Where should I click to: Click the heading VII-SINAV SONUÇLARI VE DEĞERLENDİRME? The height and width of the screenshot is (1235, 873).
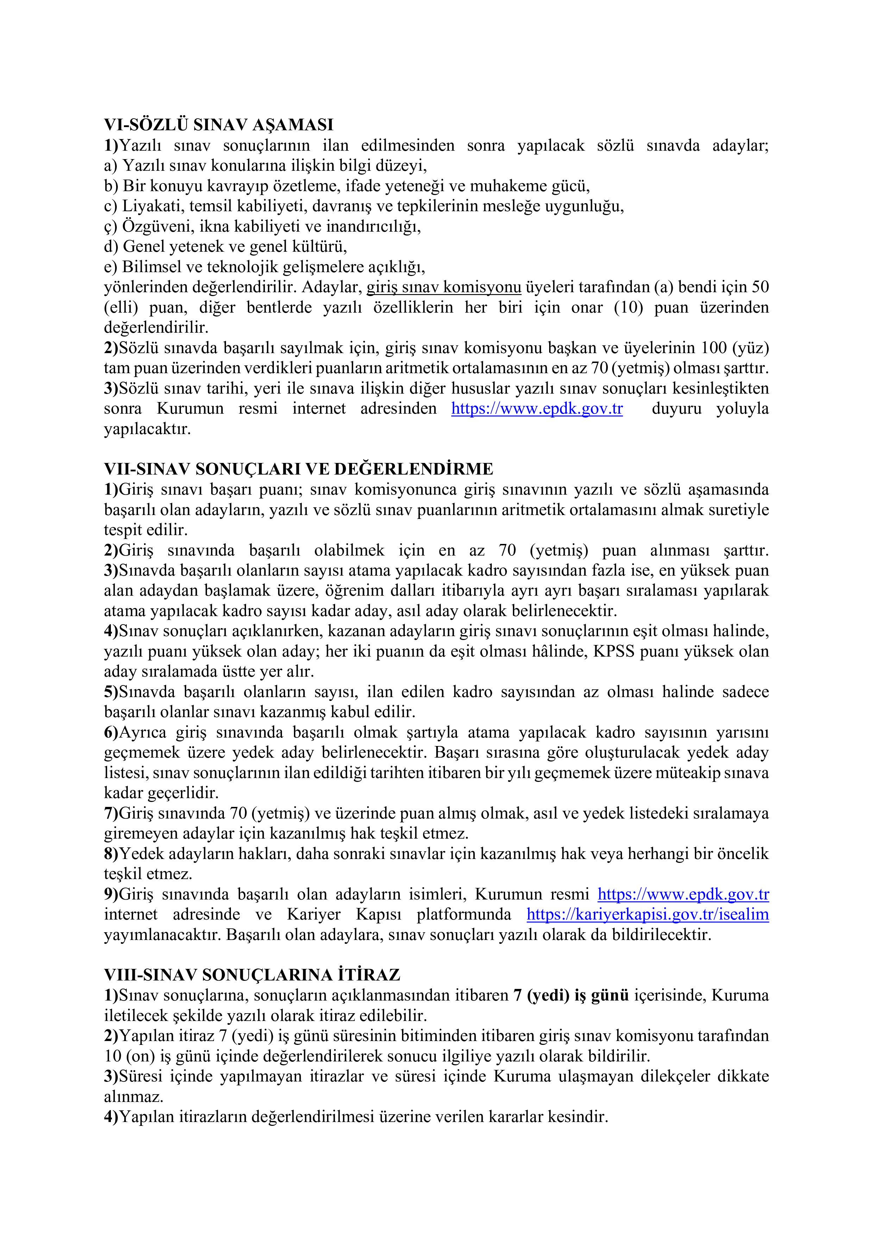pyautogui.click(x=298, y=469)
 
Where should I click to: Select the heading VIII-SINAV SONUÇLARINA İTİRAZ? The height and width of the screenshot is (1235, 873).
pyautogui.click(x=252, y=975)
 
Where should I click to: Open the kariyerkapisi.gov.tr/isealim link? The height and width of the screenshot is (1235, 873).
pyautogui.click(x=647, y=914)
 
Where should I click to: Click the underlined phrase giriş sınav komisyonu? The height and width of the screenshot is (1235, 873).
pyautogui.click(x=444, y=287)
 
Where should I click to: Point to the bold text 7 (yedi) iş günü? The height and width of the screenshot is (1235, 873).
pyautogui.click(x=571, y=995)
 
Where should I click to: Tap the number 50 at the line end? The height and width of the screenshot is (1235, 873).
pyautogui.click(x=760, y=287)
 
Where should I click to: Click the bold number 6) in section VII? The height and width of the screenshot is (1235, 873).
pyautogui.click(x=111, y=733)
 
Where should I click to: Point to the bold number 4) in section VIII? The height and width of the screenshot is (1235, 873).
pyautogui.click(x=111, y=1117)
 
